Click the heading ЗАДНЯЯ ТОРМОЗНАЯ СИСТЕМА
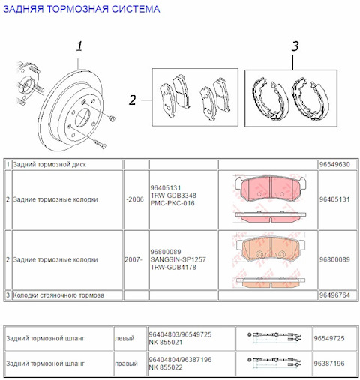(x=82, y=10)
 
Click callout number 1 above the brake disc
(x=79, y=47)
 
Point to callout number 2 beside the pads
(x=132, y=100)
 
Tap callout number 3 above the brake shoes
(x=295, y=46)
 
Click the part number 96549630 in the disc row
(x=334, y=163)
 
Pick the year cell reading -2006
(x=135, y=200)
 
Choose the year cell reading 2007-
(x=133, y=260)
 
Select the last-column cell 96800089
(x=334, y=260)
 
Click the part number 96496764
(x=334, y=295)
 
